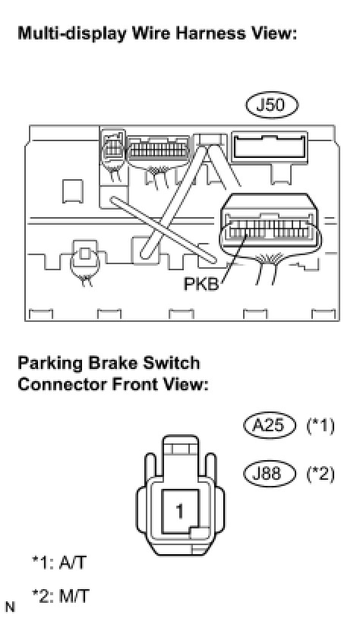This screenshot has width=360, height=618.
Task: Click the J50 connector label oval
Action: click(272, 106)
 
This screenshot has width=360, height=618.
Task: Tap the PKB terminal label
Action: click(201, 284)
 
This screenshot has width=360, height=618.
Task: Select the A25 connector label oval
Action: click(269, 426)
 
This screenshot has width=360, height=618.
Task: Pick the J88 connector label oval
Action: click(269, 473)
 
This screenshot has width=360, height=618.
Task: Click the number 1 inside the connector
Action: click(180, 511)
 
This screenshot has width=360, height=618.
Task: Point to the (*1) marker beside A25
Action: click(321, 426)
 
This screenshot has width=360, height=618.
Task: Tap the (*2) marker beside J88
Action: click(321, 473)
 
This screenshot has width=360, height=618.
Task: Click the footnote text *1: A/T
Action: click(58, 563)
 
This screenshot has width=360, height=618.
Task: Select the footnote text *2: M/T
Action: click(61, 595)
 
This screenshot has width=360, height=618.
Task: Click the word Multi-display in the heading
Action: click(72, 34)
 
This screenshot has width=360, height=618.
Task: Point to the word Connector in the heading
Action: click(63, 384)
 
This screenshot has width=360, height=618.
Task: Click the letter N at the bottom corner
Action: click(10, 607)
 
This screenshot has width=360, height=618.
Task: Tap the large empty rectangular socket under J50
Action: click(270, 149)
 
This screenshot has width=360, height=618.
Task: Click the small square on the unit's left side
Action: click(73, 191)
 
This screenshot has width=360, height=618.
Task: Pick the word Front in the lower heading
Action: click(135, 384)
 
